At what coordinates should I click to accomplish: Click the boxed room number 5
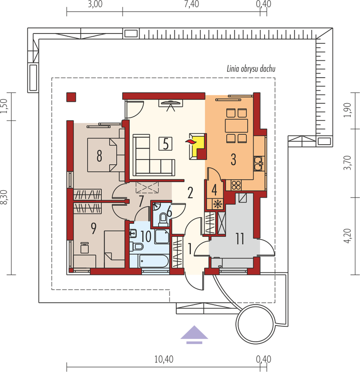(166, 144)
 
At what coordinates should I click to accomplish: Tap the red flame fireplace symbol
(191, 142)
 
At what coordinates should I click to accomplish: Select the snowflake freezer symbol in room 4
(217, 204)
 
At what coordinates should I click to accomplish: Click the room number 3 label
(233, 159)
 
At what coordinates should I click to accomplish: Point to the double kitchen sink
(259, 163)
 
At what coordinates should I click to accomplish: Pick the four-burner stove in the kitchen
(236, 185)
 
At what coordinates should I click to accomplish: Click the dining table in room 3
(236, 126)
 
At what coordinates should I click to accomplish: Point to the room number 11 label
(240, 239)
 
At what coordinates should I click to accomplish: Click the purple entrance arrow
(194, 334)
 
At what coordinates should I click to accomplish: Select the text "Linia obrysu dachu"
(251, 69)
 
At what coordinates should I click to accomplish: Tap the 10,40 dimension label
(164, 359)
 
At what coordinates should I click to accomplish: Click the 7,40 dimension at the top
(192, 4)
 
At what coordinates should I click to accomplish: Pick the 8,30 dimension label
(5, 197)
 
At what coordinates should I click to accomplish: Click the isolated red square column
(71, 97)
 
